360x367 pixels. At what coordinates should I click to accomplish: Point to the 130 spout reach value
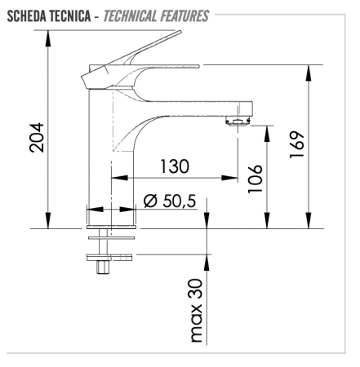[x=175, y=166]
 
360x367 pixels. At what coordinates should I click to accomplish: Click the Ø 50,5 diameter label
[x=171, y=201]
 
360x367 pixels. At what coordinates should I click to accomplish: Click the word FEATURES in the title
[x=186, y=16]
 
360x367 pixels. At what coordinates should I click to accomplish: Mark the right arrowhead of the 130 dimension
[x=232, y=178]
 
